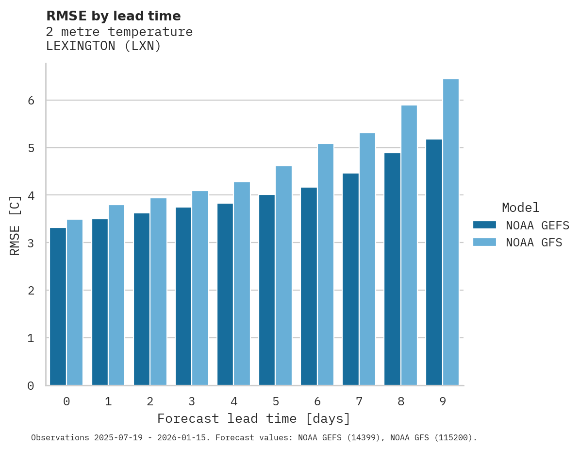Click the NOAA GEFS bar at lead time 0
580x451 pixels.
pos(58,306)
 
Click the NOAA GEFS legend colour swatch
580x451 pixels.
pos(484,225)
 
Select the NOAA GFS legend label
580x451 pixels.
pos(534,243)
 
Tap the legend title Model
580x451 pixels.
pos(520,208)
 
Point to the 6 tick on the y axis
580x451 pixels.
pos(31,101)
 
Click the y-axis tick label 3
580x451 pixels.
pos(31,243)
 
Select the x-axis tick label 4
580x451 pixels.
pos(234,401)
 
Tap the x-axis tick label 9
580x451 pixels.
pos(443,401)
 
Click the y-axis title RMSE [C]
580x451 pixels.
pos(15,225)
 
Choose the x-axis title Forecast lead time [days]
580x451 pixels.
pos(253,418)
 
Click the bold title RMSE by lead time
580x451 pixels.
pos(113,16)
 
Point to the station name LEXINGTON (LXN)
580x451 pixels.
pos(103,46)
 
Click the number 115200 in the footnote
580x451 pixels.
pos(452,437)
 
